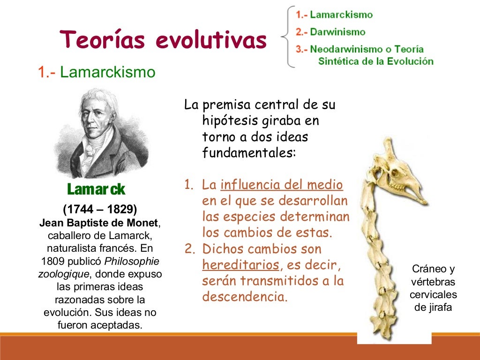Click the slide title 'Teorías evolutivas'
[163, 39]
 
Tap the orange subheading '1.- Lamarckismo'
[97, 72]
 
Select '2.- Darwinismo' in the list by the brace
[330, 32]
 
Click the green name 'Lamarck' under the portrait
[96, 189]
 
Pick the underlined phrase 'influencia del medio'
[282, 185]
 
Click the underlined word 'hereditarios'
[240, 265]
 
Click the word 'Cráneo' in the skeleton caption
[427, 269]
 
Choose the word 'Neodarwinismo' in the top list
[341, 49]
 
